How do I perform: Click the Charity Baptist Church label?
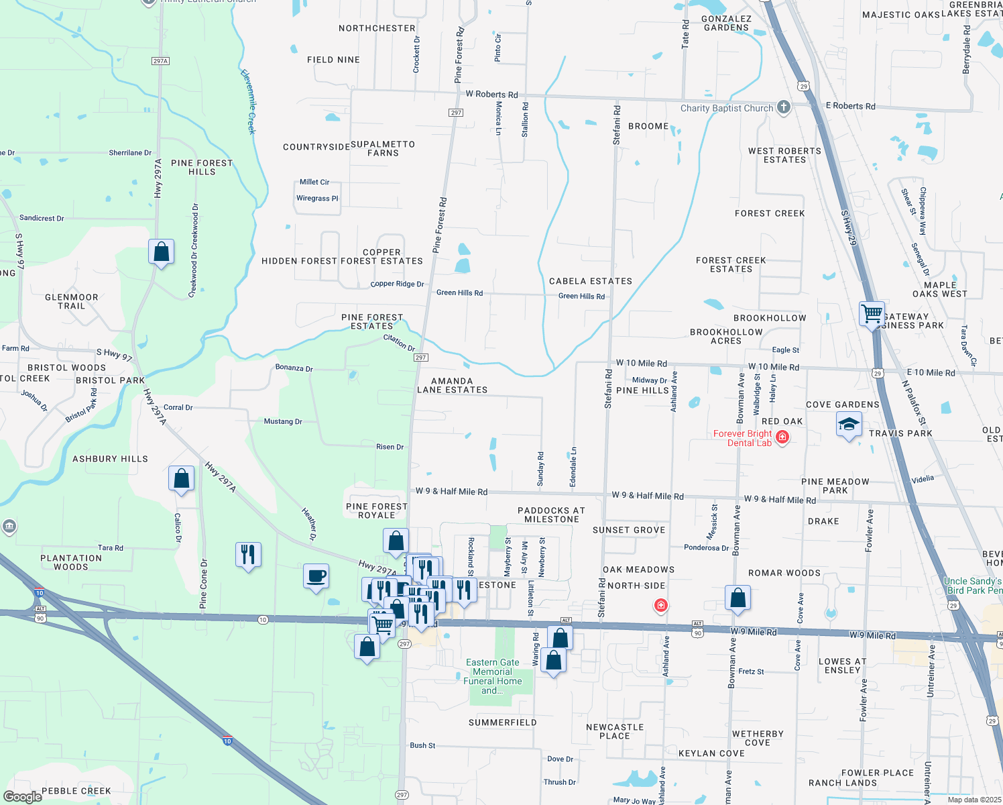pos(727,108)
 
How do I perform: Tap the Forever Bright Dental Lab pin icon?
pos(782,437)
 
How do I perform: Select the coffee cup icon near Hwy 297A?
pos(316,576)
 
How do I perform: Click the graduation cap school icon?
pos(849,424)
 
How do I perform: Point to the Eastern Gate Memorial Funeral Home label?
pos(493,676)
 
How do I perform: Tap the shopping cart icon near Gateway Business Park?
pos(872,313)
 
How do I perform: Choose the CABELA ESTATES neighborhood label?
pos(590,281)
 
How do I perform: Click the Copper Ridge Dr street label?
pos(397,284)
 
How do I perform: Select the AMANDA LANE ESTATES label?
pos(453,385)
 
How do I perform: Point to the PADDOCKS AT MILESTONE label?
pos(551,515)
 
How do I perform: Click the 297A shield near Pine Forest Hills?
pos(160,61)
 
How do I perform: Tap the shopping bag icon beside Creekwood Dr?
pos(161,252)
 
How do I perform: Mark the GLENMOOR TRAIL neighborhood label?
pos(72,301)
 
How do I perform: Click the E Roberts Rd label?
pos(850,106)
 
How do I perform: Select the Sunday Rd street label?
pos(540,469)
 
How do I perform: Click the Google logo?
pos(23,796)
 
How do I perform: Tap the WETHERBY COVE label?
pos(758,738)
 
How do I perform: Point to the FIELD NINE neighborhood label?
pos(333,60)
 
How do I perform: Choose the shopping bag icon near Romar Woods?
pos(737,598)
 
